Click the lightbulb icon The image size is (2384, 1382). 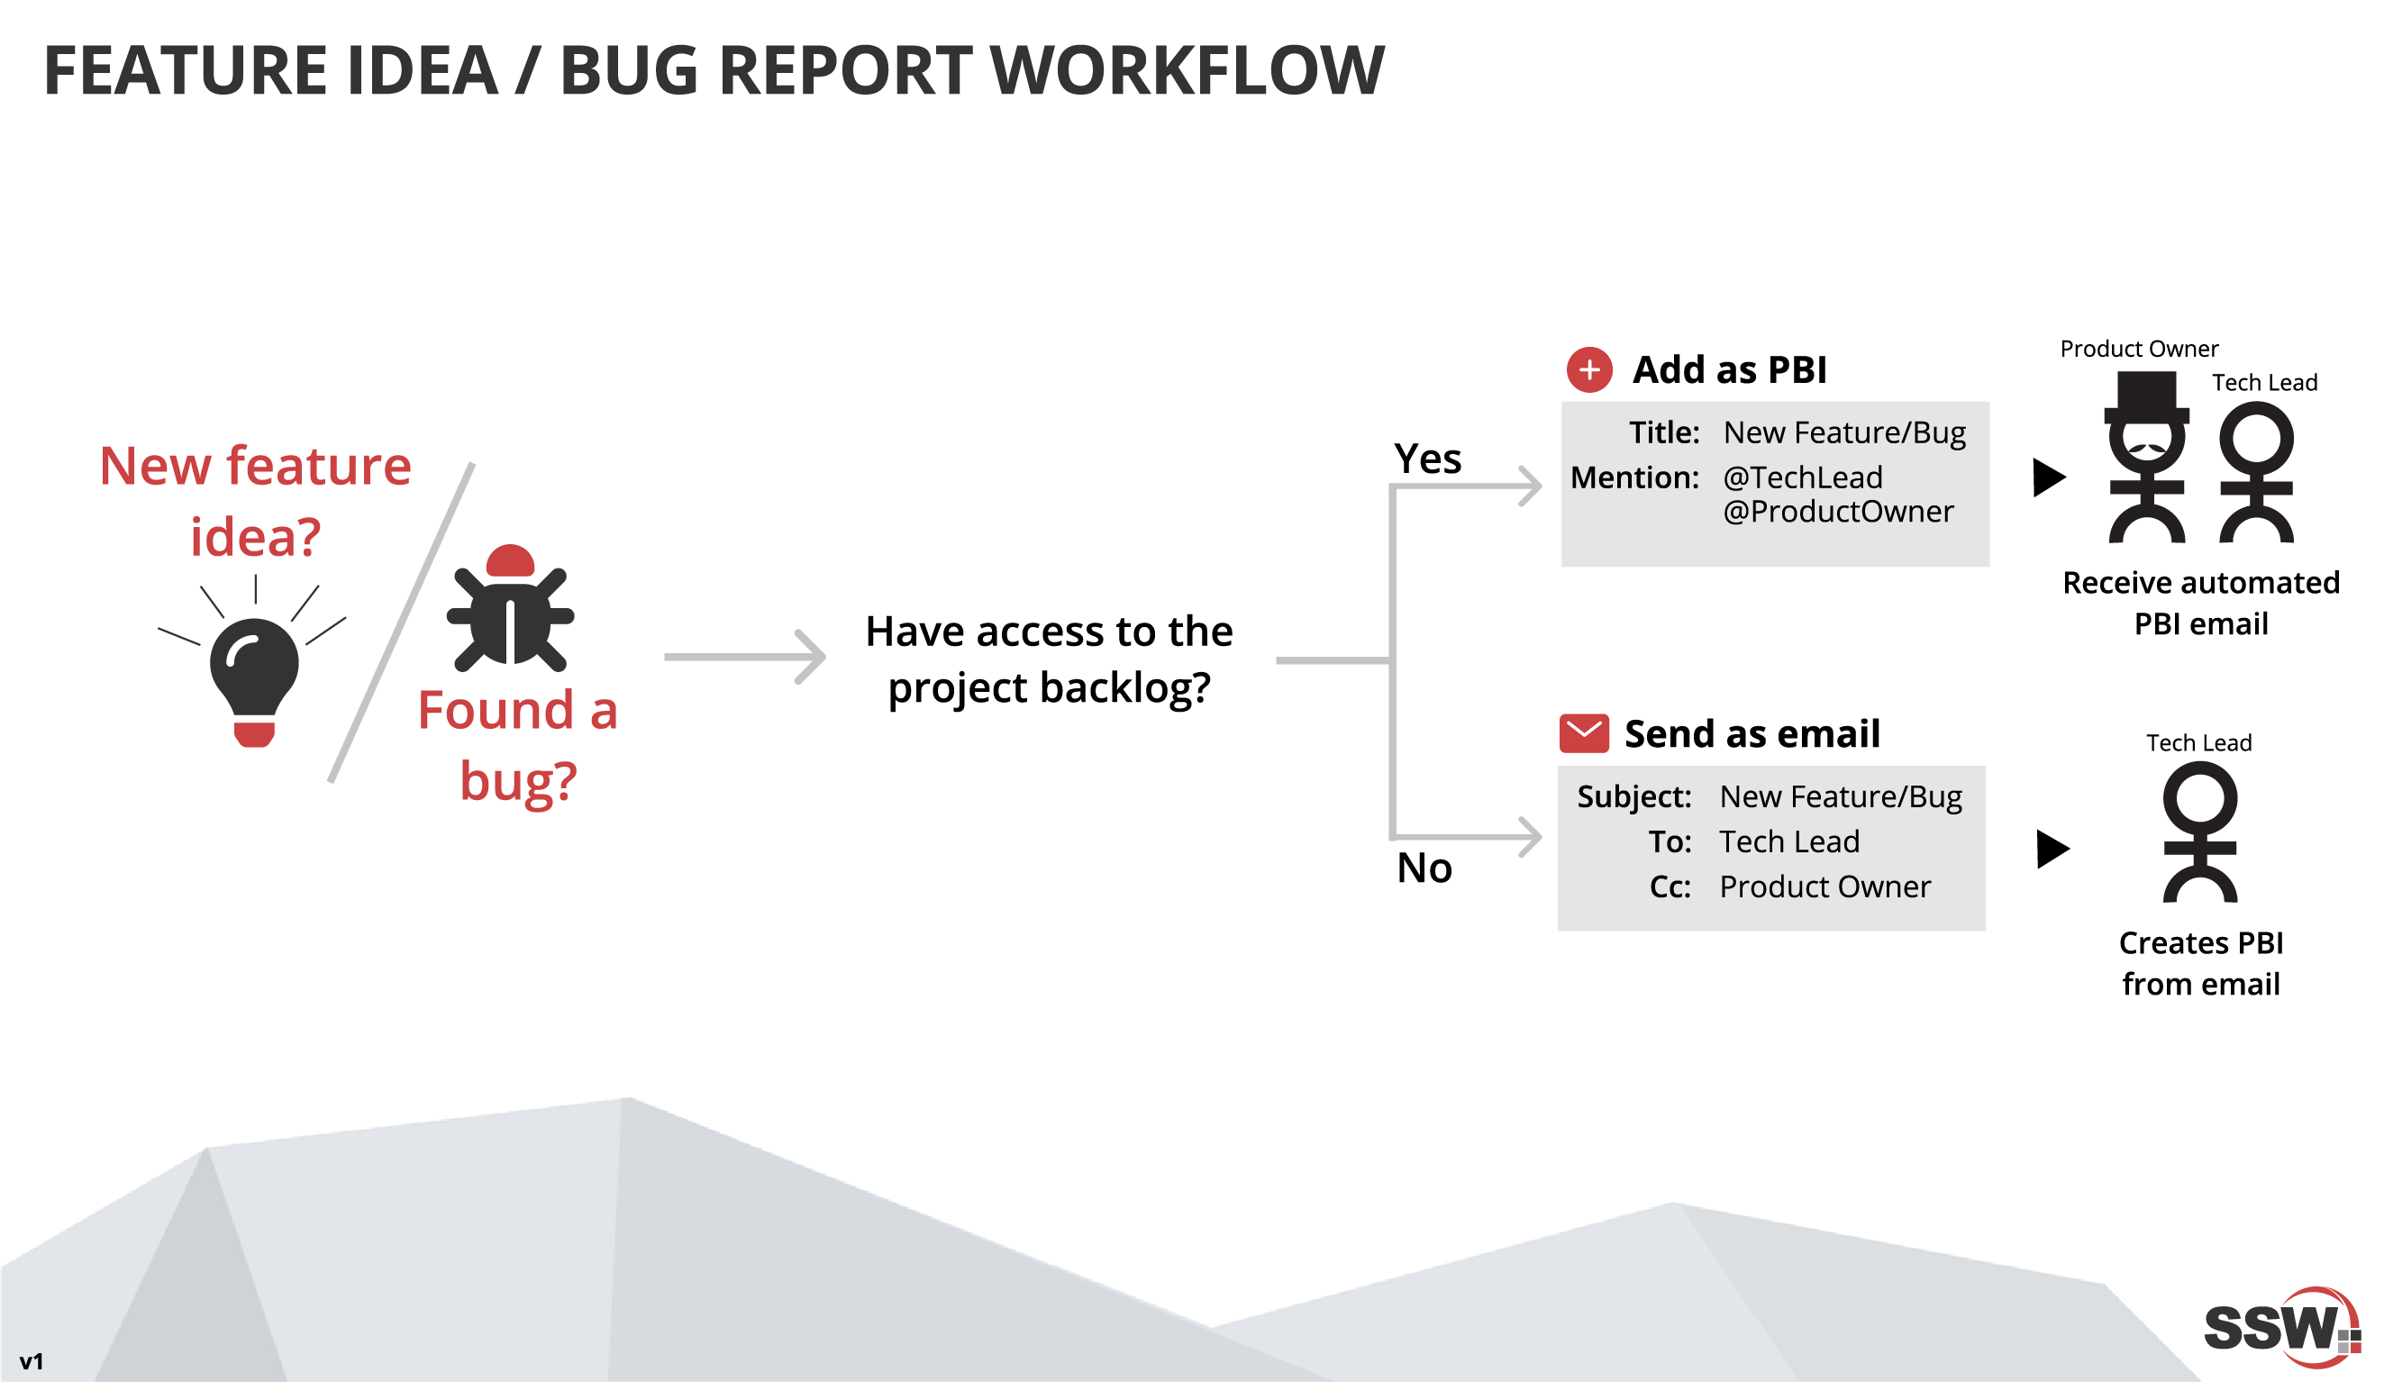(254, 677)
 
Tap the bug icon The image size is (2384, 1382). (511, 610)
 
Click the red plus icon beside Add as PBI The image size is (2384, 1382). (1589, 370)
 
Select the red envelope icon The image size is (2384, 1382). (1584, 733)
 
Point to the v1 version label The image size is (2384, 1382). (32, 1361)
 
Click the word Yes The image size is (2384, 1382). (1427, 459)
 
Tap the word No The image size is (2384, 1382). (1424, 868)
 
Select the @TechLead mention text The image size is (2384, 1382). (1802, 477)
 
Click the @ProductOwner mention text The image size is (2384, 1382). (1837, 512)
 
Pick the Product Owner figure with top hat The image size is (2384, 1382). (2146, 459)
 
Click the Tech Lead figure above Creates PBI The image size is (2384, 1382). (2199, 832)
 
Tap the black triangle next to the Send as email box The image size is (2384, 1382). (2051, 849)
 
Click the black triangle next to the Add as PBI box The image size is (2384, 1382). (2048, 477)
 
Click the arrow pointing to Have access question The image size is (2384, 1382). (745, 657)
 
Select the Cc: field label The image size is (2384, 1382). (1670, 887)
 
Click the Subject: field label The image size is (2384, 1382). (1633, 796)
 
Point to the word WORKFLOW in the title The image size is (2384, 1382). (1187, 71)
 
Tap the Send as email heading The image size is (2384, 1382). (1752, 734)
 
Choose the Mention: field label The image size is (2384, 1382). (1633, 477)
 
